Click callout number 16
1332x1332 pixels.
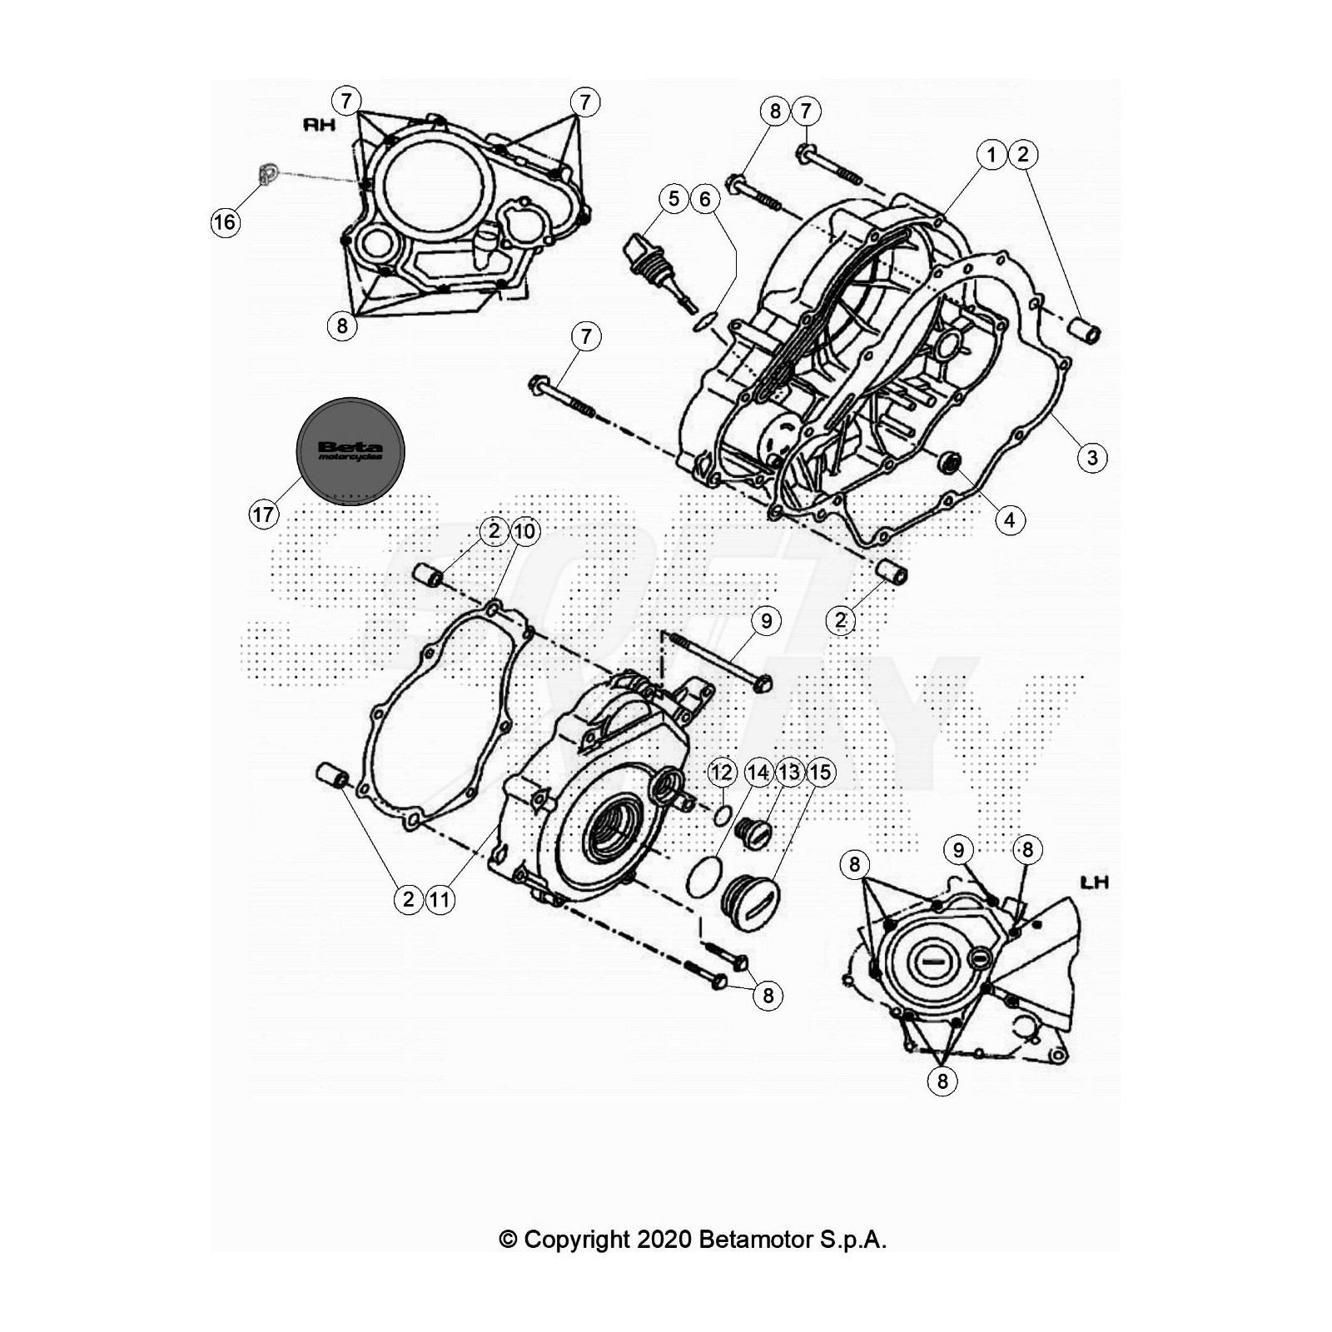225,222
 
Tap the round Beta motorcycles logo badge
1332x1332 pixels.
350,450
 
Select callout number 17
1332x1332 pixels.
263,514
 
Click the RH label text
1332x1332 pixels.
320,125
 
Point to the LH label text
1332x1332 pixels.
1093,882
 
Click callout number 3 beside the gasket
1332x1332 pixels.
1092,457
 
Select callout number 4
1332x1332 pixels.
1010,520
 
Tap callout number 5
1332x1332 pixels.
673,199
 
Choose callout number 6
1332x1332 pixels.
705,199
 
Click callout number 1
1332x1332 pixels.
991,154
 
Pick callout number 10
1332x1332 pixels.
525,531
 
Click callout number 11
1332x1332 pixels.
440,899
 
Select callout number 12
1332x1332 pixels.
721,773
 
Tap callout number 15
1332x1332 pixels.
820,773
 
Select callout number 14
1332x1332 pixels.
758,773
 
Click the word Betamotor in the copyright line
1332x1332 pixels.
756,1240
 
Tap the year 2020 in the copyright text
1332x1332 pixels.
664,1240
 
